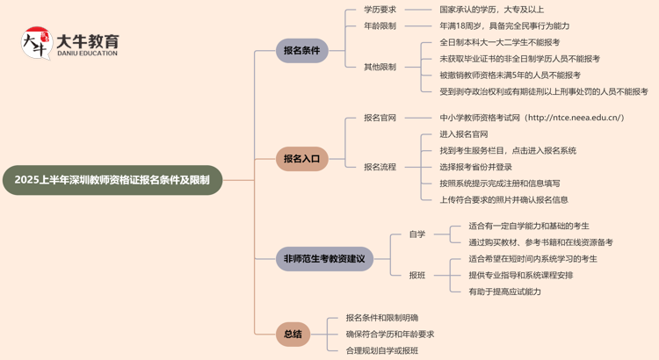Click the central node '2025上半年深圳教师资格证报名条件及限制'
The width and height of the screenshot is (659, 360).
[112, 180]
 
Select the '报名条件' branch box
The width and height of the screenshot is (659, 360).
[301, 50]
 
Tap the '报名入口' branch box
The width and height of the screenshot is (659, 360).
[301, 159]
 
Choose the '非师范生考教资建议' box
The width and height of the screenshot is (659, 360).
[324, 259]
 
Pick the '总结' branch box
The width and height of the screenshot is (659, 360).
[293, 334]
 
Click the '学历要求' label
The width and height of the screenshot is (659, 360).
[380, 10]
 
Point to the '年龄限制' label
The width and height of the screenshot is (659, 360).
[380, 26]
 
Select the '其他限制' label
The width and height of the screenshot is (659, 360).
[380, 67]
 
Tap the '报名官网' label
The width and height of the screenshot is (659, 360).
[380, 118]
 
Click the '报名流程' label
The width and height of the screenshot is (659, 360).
[380, 167]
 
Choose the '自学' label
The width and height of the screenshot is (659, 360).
[416, 234]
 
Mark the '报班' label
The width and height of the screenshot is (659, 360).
[416, 276]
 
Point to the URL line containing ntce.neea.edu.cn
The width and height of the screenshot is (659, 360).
[532, 118]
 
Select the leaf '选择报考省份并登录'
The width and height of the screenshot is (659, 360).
[475, 167]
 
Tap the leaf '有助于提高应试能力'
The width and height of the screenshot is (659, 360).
[504, 292]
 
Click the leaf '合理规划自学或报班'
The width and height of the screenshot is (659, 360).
[381, 350]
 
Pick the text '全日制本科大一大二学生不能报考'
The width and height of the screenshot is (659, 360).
[499, 42]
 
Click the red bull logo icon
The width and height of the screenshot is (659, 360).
[36, 43]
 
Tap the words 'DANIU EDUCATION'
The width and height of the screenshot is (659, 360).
[86, 54]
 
